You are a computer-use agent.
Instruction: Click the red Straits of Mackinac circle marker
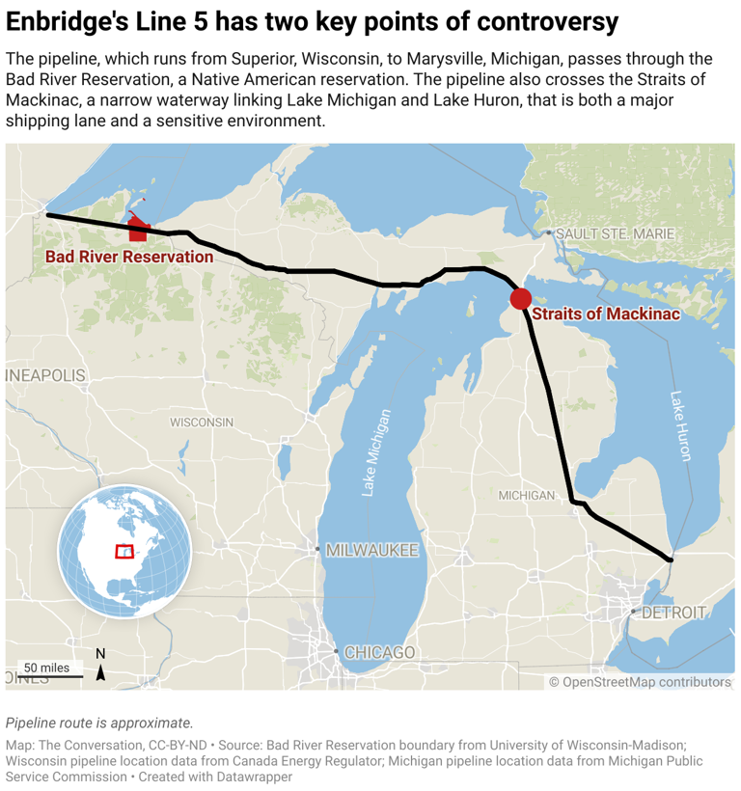tap(521, 299)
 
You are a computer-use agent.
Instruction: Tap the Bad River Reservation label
tap(129, 257)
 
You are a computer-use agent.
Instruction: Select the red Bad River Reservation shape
tap(137, 230)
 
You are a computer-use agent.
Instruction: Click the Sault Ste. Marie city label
tap(615, 233)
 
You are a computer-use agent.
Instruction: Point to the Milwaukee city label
tap(371, 550)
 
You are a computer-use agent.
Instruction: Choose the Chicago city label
tap(380, 652)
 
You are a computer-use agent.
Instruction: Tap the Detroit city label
tap(673, 612)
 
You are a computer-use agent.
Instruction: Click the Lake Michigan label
tap(377, 452)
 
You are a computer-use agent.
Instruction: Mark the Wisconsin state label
tap(202, 423)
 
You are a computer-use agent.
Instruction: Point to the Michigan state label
tap(526, 495)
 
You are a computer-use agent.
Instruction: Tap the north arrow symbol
tap(100, 667)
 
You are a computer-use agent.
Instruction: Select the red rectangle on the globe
tap(124, 551)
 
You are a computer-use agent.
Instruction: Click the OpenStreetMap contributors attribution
tap(640, 682)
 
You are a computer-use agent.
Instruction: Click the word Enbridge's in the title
tap(69, 22)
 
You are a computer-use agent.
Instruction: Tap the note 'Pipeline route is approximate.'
tap(99, 723)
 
